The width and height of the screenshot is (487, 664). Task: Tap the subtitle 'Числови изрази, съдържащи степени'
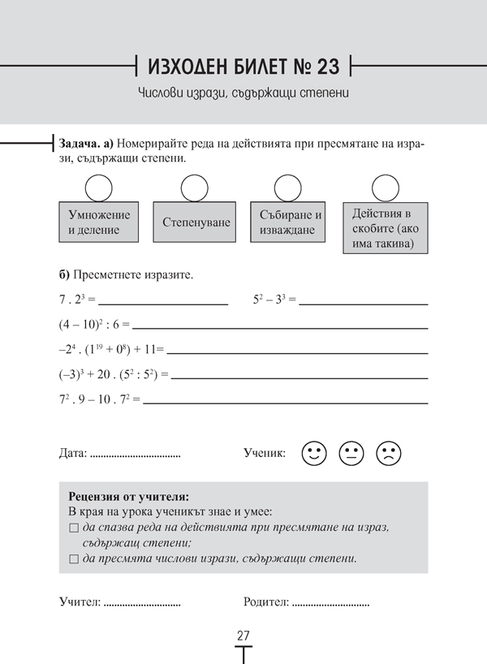[x=243, y=93]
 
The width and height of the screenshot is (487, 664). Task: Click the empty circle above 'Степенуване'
[x=195, y=188]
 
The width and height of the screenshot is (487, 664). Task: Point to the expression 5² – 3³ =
[x=274, y=300]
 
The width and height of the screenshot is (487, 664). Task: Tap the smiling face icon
[x=313, y=453]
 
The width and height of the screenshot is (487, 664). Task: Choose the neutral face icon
[x=351, y=453]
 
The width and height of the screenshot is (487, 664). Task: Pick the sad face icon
[x=388, y=453]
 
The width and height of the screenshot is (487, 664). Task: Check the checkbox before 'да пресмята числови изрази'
[x=74, y=559]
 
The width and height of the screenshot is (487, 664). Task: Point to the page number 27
[x=243, y=636]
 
